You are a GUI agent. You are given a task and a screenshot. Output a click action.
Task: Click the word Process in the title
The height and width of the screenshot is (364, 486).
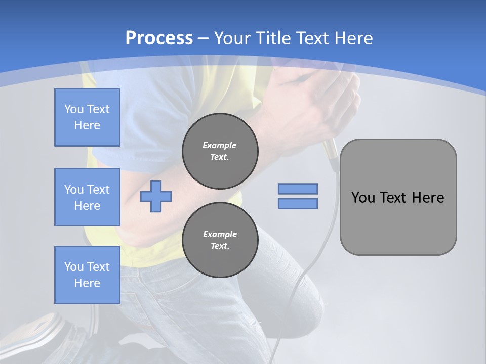coord(159,38)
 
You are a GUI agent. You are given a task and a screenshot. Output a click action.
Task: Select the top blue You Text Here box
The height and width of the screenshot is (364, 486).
coord(87,117)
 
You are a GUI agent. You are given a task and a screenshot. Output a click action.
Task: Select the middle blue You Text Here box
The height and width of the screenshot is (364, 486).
coord(87,197)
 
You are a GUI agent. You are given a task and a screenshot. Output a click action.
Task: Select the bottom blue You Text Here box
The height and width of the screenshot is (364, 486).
coord(87,275)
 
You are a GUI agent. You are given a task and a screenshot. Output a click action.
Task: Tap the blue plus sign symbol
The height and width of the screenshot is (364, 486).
coord(156,196)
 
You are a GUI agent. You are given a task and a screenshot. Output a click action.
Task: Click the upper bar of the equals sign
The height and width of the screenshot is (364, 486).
coord(298,189)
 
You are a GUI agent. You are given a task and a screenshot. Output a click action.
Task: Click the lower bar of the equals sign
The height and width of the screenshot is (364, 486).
coord(298,203)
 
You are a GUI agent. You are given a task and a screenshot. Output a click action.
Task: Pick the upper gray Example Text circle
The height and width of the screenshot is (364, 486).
coord(220,151)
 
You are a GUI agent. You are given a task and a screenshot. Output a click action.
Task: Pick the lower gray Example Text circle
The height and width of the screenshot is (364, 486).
coord(220,240)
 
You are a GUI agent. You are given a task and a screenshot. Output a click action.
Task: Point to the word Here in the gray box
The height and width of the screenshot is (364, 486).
coord(428,198)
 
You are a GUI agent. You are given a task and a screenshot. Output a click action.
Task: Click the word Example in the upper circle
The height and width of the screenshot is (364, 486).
coord(220,145)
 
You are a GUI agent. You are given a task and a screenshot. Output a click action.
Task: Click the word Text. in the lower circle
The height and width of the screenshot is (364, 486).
coord(220,246)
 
